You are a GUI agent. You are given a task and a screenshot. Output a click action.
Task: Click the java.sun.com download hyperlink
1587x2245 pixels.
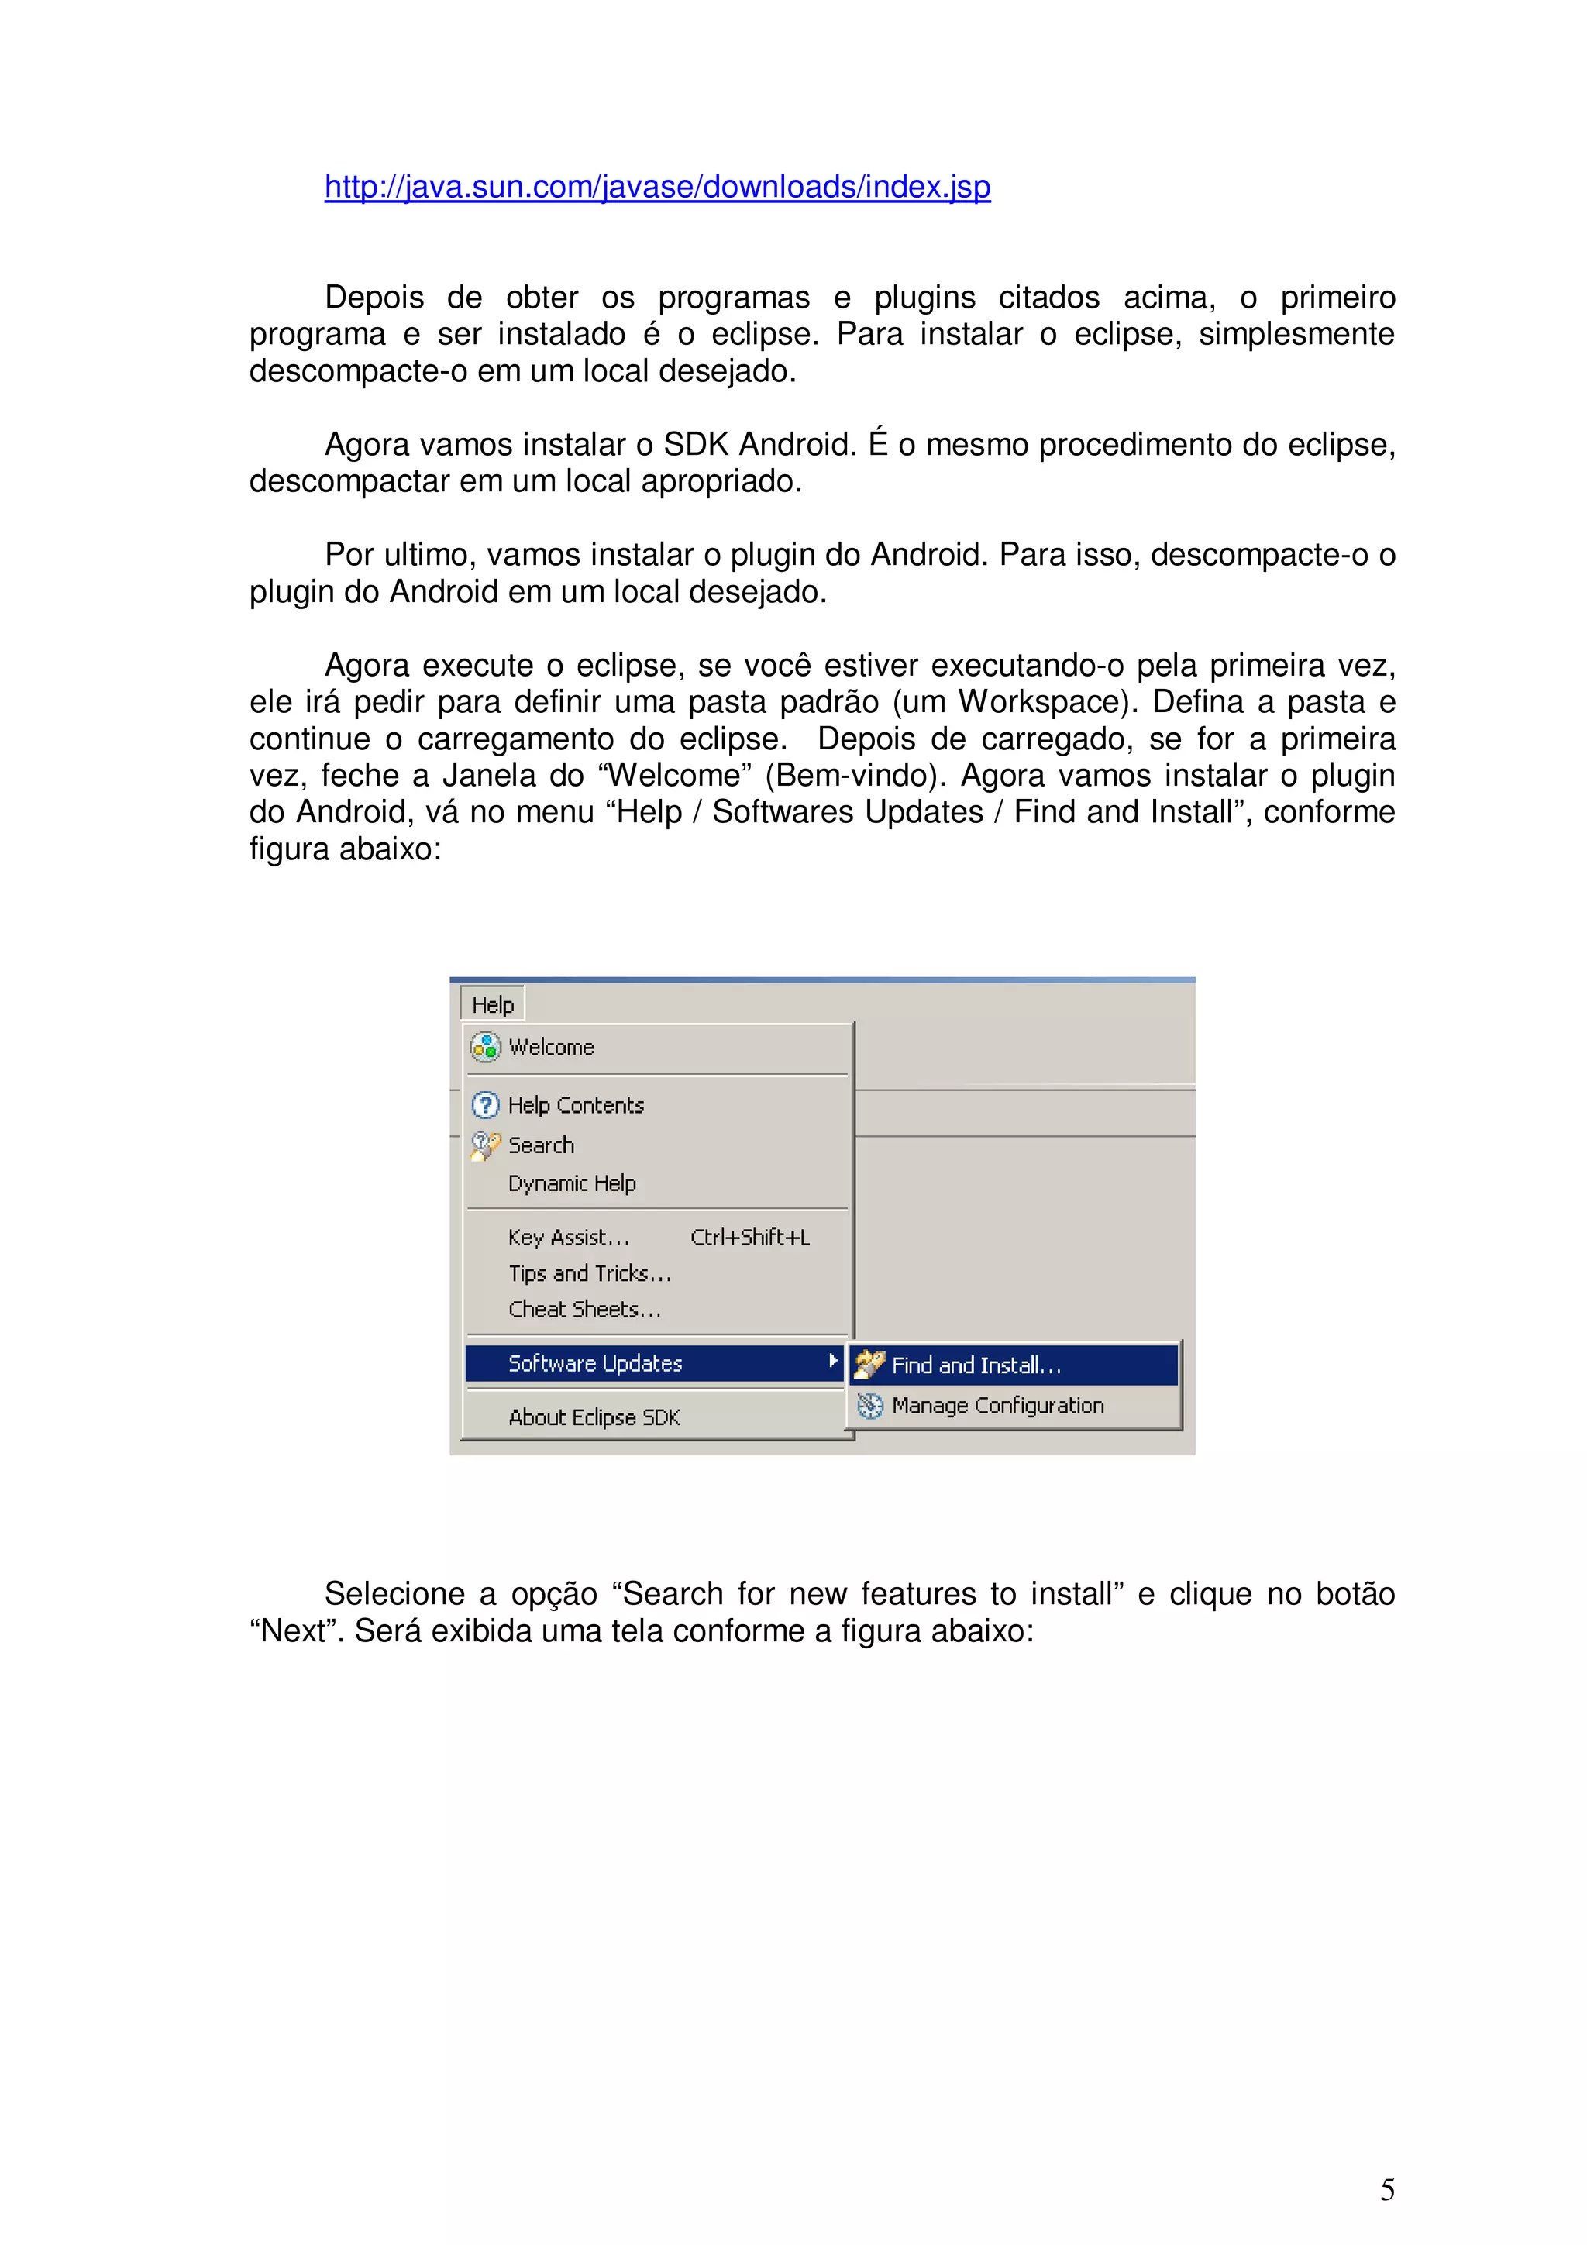tap(657, 187)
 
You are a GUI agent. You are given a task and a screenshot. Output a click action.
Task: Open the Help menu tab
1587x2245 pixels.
tap(493, 1004)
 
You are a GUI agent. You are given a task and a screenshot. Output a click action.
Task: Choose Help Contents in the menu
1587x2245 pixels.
tap(576, 1105)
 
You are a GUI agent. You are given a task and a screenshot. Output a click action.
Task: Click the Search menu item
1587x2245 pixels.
tap(541, 1145)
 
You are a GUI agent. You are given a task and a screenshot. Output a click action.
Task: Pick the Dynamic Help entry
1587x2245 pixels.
tap(572, 1183)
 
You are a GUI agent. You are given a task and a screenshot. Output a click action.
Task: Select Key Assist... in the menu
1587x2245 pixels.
tap(568, 1238)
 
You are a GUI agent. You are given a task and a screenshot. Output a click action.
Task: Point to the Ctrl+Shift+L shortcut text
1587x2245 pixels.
tap(750, 1238)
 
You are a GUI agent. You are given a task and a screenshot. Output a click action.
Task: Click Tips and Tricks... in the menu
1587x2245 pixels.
tap(590, 1273)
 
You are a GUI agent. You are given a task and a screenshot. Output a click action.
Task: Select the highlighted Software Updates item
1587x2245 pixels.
tap(595, 1363)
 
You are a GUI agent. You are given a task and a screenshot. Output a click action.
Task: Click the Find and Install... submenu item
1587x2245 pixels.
tap(976, 1365)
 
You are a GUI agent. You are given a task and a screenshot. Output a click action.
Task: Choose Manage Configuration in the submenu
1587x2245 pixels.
tap(997, 1405)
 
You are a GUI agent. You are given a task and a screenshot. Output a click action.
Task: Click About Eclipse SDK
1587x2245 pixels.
tap(594, 1417)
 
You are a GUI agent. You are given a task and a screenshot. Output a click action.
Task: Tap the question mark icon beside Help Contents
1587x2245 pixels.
tap(485, 1105)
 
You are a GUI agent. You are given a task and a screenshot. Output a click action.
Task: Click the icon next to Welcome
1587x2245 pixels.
tap(485, 1047)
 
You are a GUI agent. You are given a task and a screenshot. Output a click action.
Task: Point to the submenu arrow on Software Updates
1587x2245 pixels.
tap(832, 1361)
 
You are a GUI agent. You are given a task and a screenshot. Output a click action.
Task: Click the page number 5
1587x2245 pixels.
tap(1386, 2189)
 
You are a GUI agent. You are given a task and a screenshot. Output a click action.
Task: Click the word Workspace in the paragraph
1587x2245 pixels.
tap(1043, 702)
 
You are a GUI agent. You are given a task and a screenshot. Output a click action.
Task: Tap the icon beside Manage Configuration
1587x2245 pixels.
tap(869, 1406)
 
